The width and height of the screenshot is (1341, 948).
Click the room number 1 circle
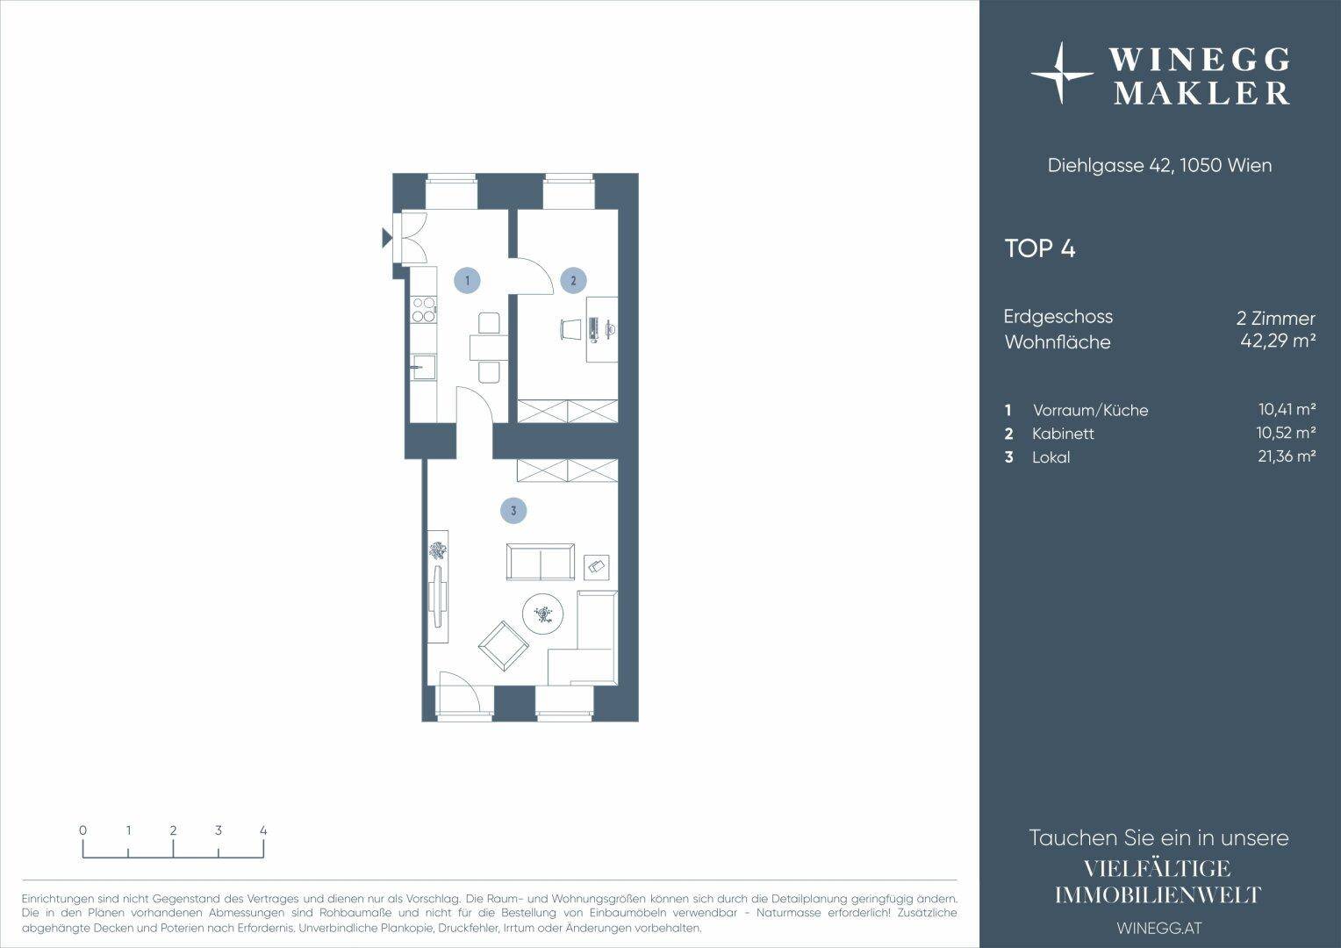[467, 280]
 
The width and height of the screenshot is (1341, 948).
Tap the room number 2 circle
[573, 280]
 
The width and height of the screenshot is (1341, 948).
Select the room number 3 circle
[513, 511]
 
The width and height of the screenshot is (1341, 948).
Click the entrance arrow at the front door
[387, 238]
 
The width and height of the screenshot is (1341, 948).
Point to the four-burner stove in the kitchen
[424, 310]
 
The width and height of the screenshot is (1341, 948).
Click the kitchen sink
[423, 367]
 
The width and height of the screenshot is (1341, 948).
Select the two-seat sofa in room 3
[541, 562]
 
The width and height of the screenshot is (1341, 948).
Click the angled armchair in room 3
[504, 645]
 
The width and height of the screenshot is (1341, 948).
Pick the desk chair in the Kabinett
[570, 329]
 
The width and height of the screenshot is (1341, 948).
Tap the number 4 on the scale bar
[263, 830]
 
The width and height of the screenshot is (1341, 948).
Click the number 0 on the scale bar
[82, 830]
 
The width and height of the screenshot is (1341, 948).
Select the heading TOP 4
[1040, 248]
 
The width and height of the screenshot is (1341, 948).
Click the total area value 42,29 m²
[1278, 341]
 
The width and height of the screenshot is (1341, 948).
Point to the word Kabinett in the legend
[1063, 434]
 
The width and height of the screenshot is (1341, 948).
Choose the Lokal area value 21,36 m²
[1287, 456]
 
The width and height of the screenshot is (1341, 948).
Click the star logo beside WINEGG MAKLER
[1062, 73]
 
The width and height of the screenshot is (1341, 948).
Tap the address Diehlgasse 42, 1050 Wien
[1159, 165]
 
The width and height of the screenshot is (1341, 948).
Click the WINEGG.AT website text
[1159, 928]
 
